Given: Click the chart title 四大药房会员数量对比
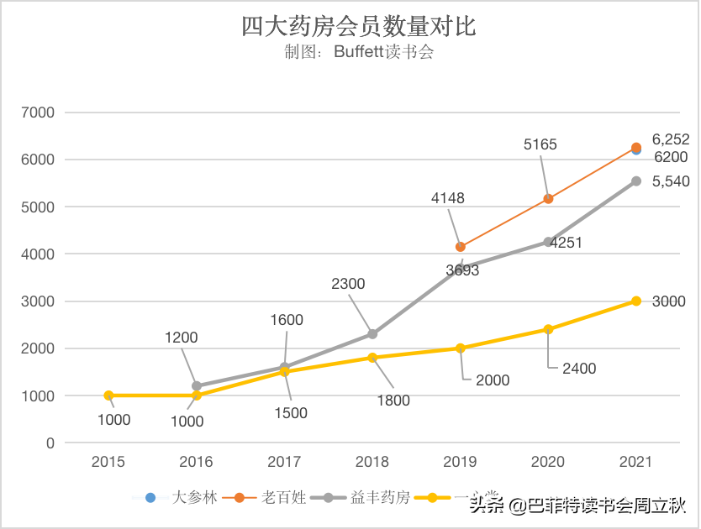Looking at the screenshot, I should tap(359, 26).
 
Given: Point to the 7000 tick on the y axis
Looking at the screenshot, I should tap(38, 113).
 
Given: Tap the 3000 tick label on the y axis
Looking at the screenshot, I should tap(38, 301).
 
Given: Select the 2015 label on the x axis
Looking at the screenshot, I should tap(108, 462).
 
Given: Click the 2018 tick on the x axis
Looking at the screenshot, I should tap(372, 462).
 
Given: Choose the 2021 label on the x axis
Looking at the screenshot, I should tap(636, 462).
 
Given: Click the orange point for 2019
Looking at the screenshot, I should tap(461, 247).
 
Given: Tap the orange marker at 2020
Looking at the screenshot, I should tap(548, 199).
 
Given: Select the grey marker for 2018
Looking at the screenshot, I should tap(372, 334).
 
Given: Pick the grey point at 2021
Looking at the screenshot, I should tap(636, 181).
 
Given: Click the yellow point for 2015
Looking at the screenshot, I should tap(108, 395).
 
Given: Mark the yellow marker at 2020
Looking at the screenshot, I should tap(548, 329).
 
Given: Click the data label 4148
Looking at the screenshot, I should tap(447, 199).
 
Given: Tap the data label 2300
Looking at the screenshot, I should tap(348, 284).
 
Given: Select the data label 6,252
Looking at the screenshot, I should tap(671, 140).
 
